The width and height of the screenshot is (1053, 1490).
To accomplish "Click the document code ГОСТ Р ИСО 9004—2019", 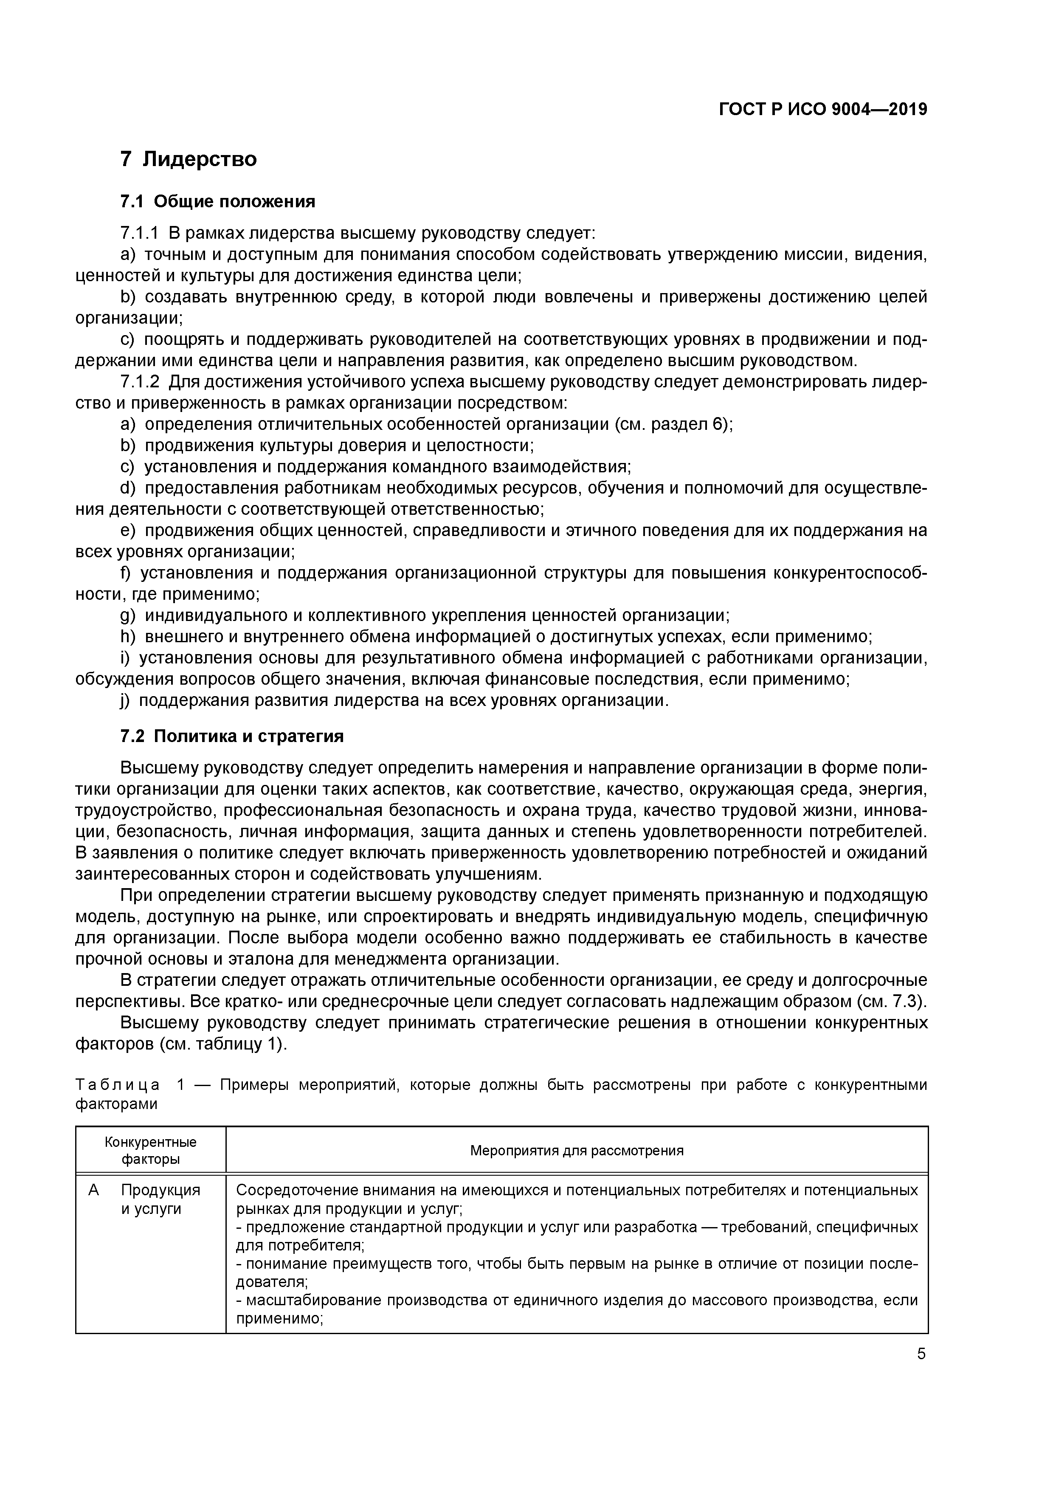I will (x=823, y=109).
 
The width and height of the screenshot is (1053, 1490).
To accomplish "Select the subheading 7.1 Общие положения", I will (x=217, y=202).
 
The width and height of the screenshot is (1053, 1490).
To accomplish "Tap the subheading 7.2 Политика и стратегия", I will (x=232, y=736).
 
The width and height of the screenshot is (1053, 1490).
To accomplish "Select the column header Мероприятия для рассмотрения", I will (x=576, y=1169).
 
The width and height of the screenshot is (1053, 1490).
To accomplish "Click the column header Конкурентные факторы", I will (x=151, y=1169).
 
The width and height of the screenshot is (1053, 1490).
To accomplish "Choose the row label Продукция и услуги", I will (x=160, y=1217).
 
